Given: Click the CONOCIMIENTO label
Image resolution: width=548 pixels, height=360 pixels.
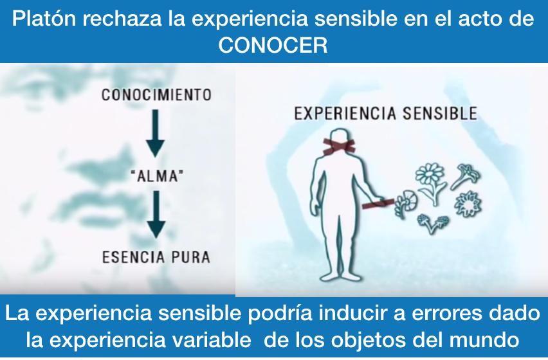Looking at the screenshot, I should pyautogui.click(x=156, y=95).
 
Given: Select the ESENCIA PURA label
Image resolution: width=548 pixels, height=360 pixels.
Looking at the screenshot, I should pyautogui.click(x=156, y=258).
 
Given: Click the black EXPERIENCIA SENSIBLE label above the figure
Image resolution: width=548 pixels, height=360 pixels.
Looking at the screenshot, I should pyautogui.click(x=385, y=114).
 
